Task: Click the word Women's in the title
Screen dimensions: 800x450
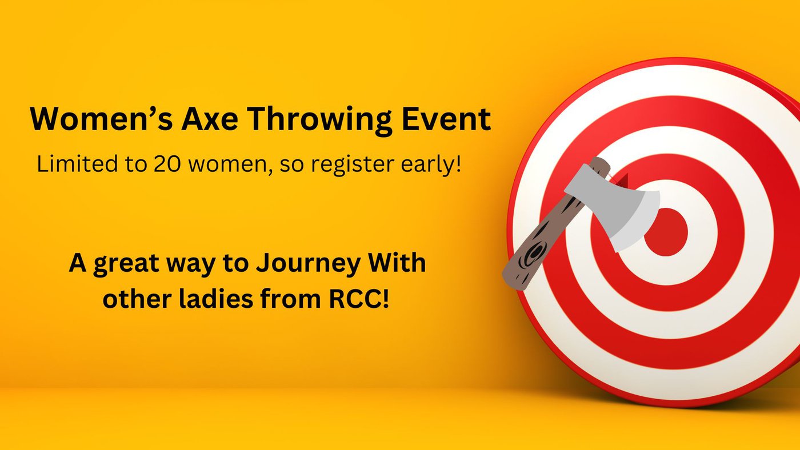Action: [101, 119]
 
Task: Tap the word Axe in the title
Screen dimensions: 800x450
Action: [210, 119]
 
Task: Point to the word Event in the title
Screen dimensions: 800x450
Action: [446, 119]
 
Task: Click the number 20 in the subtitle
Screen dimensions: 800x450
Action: [167, 164]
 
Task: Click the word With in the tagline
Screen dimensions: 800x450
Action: [397, 263]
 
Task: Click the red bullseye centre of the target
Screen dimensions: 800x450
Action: [666, 232]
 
